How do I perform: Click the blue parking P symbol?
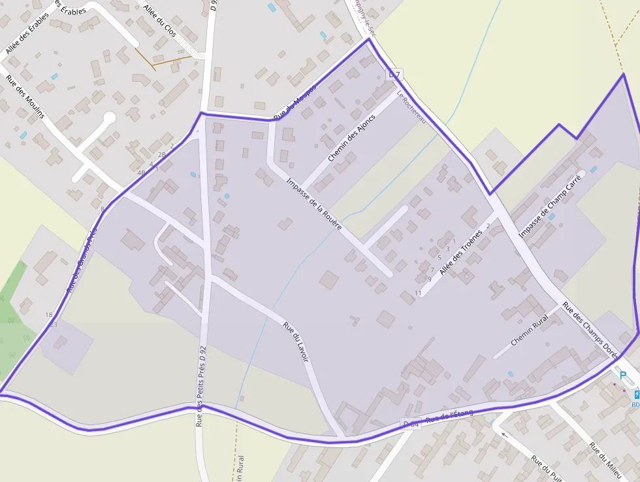point(622,376)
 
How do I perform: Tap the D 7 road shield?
point(393,75)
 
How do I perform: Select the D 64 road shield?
point(411,424)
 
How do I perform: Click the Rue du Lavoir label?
point(296,342)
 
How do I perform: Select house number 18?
point(49,315)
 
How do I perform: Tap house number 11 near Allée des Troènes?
point(418,292)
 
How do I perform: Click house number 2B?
point(161,155)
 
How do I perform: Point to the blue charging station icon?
point(637,393)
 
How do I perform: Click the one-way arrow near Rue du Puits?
point(503,433)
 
